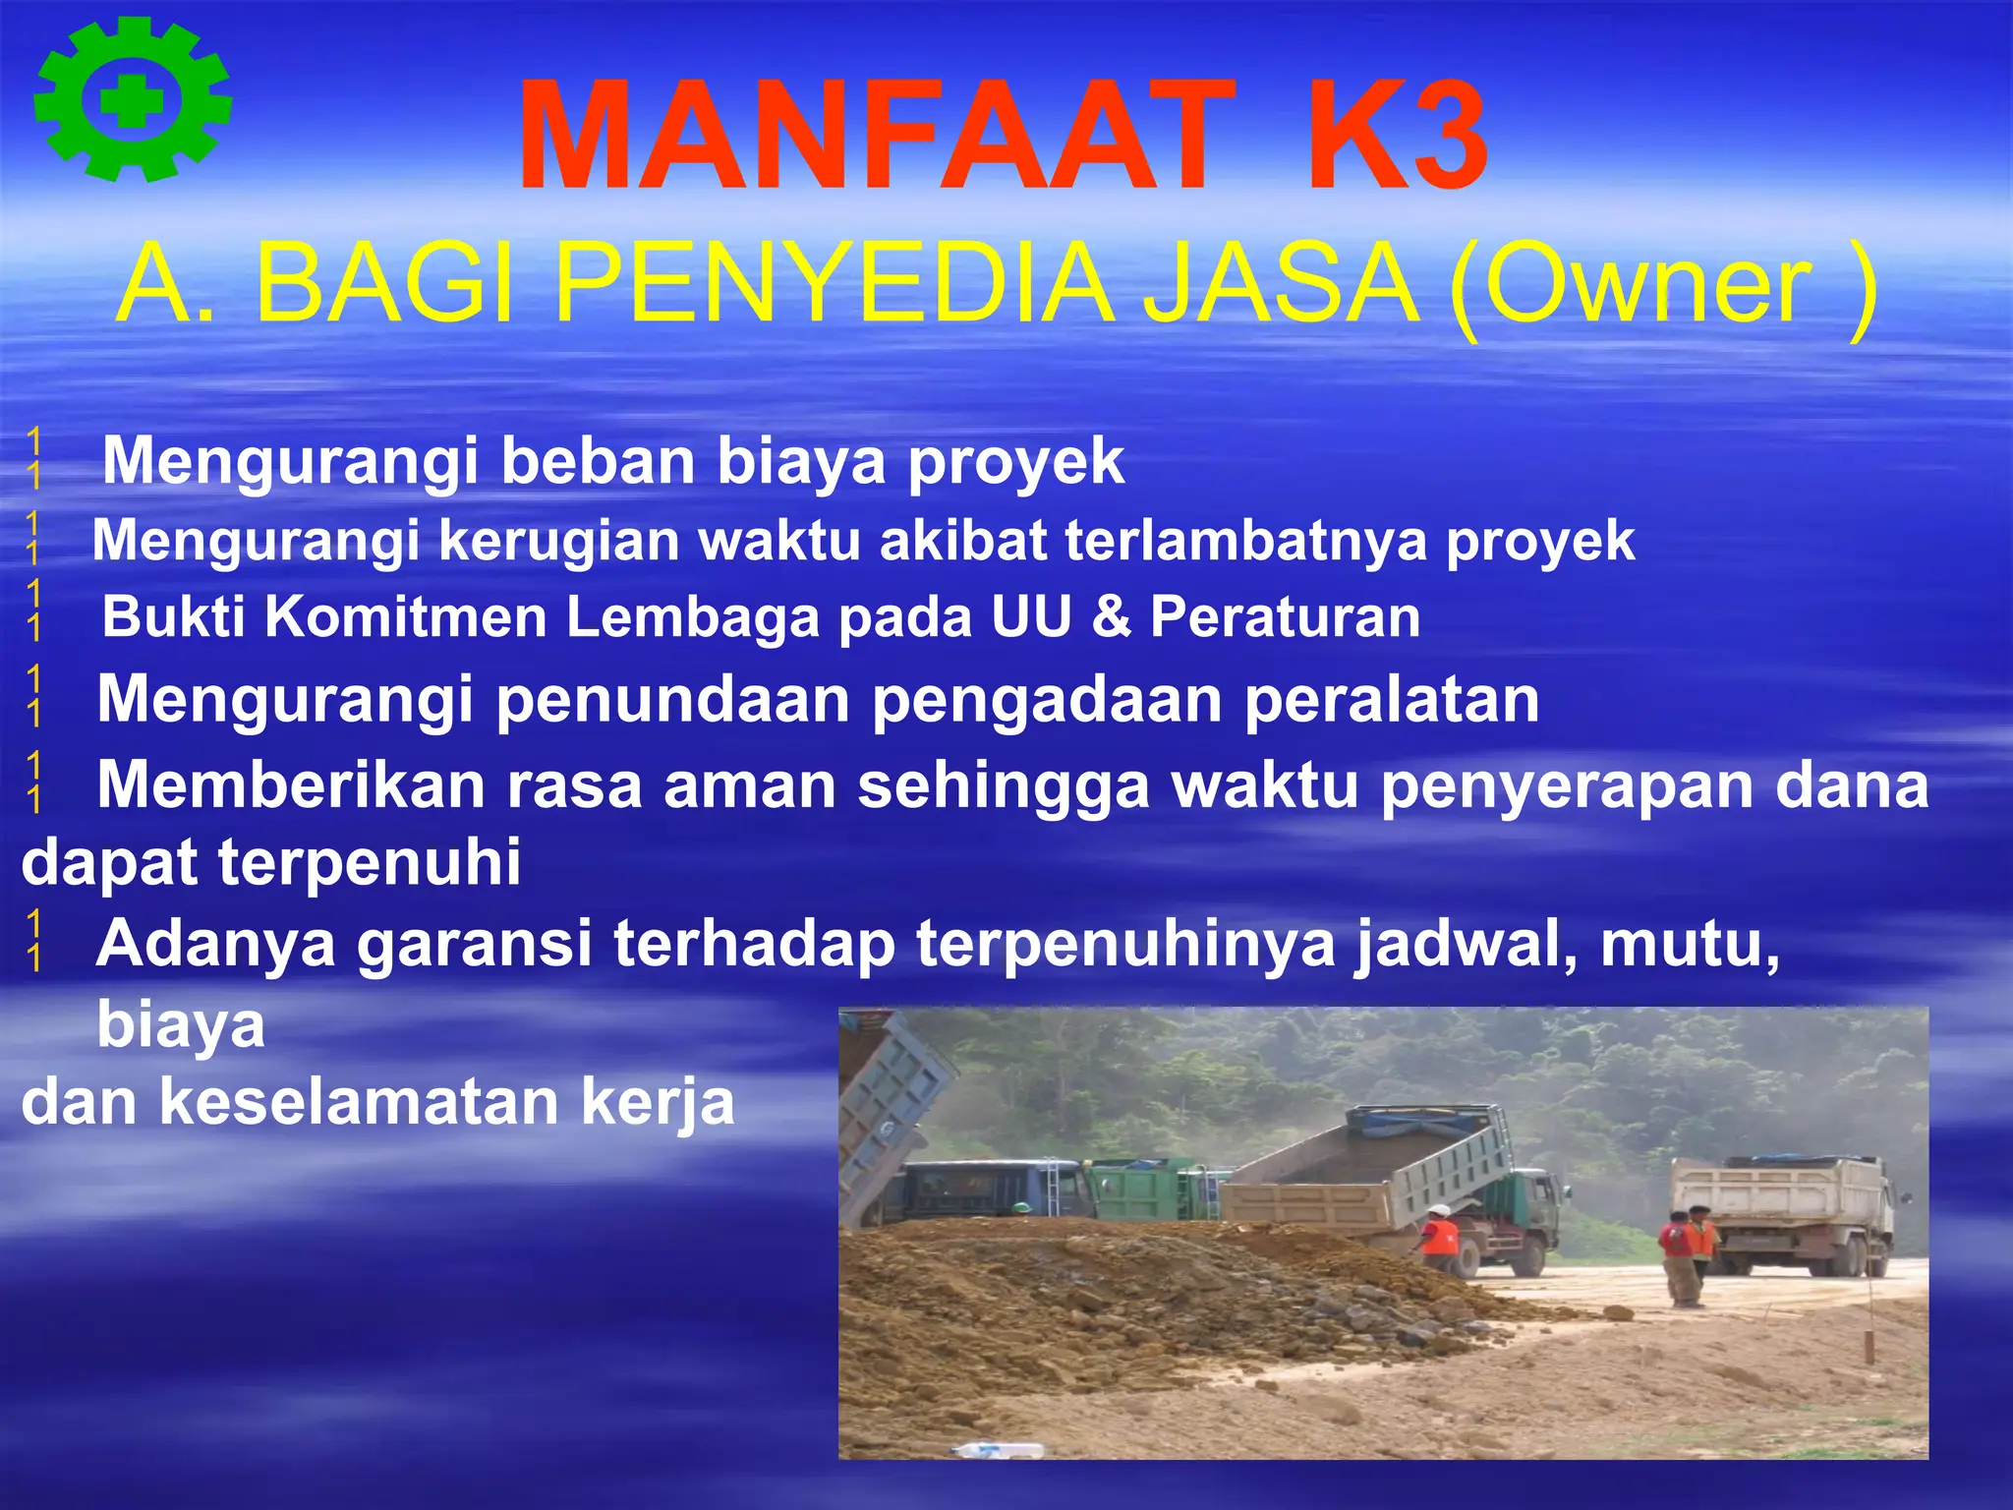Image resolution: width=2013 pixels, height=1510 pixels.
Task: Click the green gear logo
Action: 133,99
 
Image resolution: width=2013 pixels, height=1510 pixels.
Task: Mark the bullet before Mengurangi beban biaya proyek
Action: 34,458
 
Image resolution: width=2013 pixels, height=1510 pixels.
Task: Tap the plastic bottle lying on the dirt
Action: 998,1450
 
